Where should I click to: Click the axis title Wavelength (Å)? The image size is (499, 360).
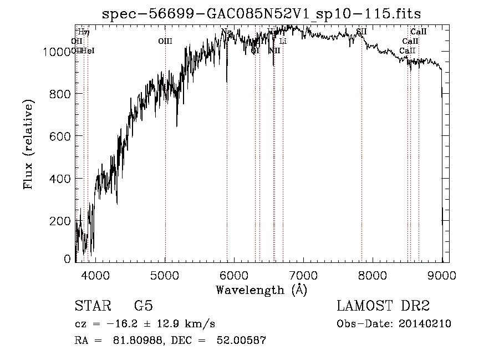tap(262, 290)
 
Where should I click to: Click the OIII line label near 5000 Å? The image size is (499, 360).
tap(165, 41)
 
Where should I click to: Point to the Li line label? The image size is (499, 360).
tap(283, 41)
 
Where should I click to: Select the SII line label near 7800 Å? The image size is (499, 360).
tap(361, 32)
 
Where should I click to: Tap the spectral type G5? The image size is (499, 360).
tap(143, 306)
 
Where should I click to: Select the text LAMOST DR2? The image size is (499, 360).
tap(383, 306)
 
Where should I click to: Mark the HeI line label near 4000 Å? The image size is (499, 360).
tap(89, 50)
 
